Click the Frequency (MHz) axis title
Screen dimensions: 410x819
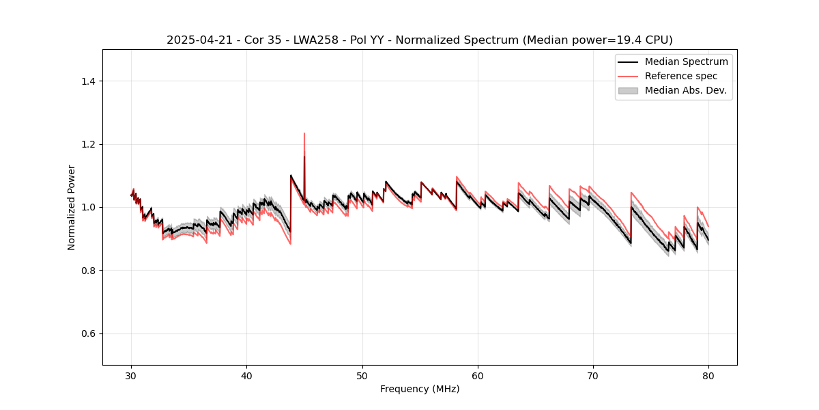coord(420,389)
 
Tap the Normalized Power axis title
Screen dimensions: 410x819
coord(72,207)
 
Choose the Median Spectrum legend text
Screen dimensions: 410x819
coord(686,61)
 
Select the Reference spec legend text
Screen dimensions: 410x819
coord(681,76)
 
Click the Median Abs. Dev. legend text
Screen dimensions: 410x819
coord(685,90)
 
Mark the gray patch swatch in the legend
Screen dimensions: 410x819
coord(628,90)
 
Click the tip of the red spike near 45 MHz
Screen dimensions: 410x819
coord(304,133)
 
